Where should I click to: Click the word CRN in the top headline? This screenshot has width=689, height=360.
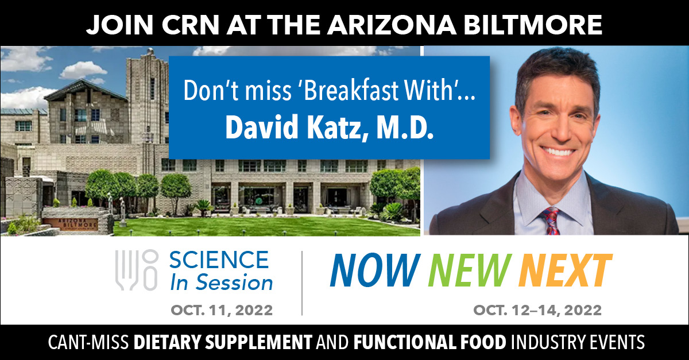click(190, 25)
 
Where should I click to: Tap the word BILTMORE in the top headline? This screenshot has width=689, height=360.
click(533, 25)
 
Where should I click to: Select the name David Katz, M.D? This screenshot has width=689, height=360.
click(329, 127)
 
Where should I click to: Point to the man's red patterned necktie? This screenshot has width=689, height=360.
click(551, 221)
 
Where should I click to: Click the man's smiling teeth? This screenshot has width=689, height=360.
click(558, 152)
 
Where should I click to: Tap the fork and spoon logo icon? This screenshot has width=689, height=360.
click(137, 270)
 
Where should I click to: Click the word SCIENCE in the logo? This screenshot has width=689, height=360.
click(219, 260)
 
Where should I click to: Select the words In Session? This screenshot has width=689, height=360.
click(222, 282)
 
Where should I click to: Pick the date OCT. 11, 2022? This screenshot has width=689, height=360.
click(222, 310)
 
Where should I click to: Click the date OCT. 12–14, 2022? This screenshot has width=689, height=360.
click(537, 310)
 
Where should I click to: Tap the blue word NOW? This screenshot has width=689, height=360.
click(375, 270)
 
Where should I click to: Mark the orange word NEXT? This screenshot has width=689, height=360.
click(566, 270)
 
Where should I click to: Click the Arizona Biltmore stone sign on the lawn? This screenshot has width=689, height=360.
click(71, 224)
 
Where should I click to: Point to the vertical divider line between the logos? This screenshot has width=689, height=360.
click(302, 283)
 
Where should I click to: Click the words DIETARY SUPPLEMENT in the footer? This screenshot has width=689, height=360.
click(223, 342)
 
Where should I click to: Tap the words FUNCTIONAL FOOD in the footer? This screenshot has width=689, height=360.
click(429, 342)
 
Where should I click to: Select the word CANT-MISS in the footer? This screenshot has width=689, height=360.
click(88, 342)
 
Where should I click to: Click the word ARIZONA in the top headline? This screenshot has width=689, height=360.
click(392, 25)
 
